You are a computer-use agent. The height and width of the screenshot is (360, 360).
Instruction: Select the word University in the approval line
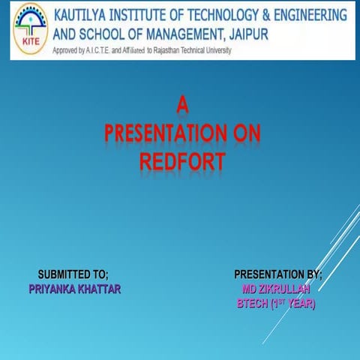coord(214,49)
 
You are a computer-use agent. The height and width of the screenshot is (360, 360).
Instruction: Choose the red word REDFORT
coord(182,162)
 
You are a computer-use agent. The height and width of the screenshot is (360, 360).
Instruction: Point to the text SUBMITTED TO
coord(73,275)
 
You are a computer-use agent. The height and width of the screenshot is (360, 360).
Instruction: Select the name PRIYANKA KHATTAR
coord(74,289)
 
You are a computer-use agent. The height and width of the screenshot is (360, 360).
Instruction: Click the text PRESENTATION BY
coord(278,275)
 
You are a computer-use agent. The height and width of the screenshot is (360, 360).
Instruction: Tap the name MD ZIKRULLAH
coord(277,289)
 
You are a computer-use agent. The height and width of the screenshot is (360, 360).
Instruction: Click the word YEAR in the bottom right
coord(299,304)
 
